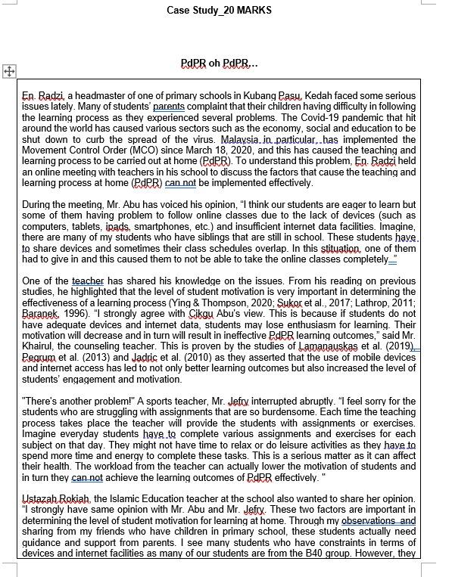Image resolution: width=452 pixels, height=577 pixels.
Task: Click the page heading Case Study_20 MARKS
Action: tap(220, 10)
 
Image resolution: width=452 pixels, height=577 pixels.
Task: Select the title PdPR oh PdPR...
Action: tap(220, 64)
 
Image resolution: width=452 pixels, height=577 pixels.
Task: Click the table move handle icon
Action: tap(10, 71)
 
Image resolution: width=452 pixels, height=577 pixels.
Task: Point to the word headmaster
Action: tap(95, 96)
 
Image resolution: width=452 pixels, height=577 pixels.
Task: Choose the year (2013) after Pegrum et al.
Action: tap(86, 357)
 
